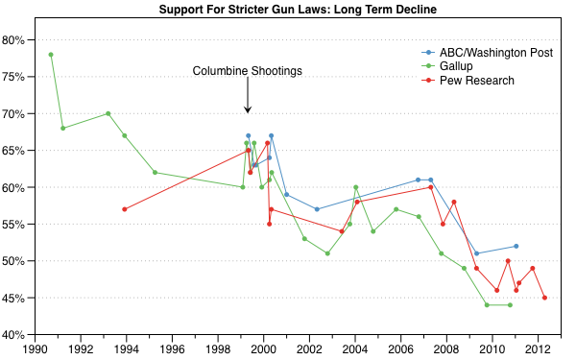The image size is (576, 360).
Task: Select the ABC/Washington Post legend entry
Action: (x=494, y=52)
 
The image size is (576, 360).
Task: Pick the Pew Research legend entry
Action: (x=476, y=81)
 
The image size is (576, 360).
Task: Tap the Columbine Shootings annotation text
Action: (x=248, y=71)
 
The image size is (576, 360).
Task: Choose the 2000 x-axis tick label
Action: (x=263, y=349)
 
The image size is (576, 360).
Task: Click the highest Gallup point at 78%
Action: (x=51, y=55)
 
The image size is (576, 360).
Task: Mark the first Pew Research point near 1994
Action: (x=125, y=209)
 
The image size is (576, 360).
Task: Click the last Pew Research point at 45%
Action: (x=544, y=298)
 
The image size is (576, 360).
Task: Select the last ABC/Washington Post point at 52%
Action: (x=516, y=246)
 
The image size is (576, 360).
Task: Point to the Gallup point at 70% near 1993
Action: (x=108, y=113)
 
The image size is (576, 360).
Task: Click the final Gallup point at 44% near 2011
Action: (x=510, y=305)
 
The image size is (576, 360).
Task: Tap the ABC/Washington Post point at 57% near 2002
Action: (x=317, y=209)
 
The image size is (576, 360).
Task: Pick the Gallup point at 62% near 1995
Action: (x=155, y=173)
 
